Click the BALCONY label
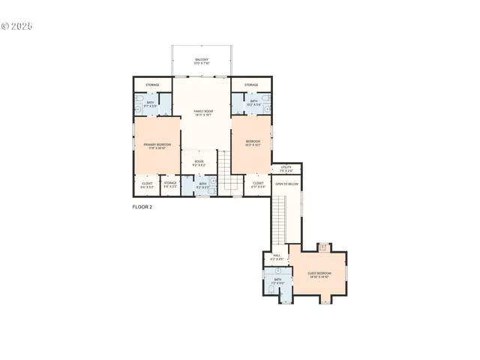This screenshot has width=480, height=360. [x=202, y=61]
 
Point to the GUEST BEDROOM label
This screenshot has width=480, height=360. [x=319, y=274]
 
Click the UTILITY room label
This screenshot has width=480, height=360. [x=286, y=169]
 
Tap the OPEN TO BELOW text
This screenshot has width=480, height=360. [x=286, y=184]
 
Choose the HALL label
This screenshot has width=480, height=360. [x=276, y=257]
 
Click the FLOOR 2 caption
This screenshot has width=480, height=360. [x=142, y=207]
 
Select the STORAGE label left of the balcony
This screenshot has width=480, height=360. [x=153, y=85]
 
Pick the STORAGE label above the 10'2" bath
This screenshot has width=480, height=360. [x=251, y=85]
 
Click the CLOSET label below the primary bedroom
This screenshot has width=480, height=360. [x=147, y=184]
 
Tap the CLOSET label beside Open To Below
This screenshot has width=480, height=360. [x=258, y=184]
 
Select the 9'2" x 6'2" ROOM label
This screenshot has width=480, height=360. [x=199, y=163]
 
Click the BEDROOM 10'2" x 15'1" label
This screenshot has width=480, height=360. [x=253, y=142]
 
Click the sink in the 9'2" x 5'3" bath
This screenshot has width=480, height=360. [x=213, y=182]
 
